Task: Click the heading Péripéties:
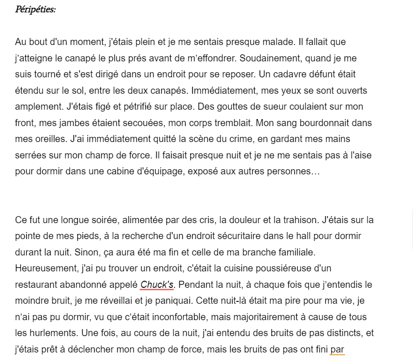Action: tap(35, 9)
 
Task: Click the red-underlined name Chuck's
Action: tap(157, 285)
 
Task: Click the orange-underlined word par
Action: tap(337, 349)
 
